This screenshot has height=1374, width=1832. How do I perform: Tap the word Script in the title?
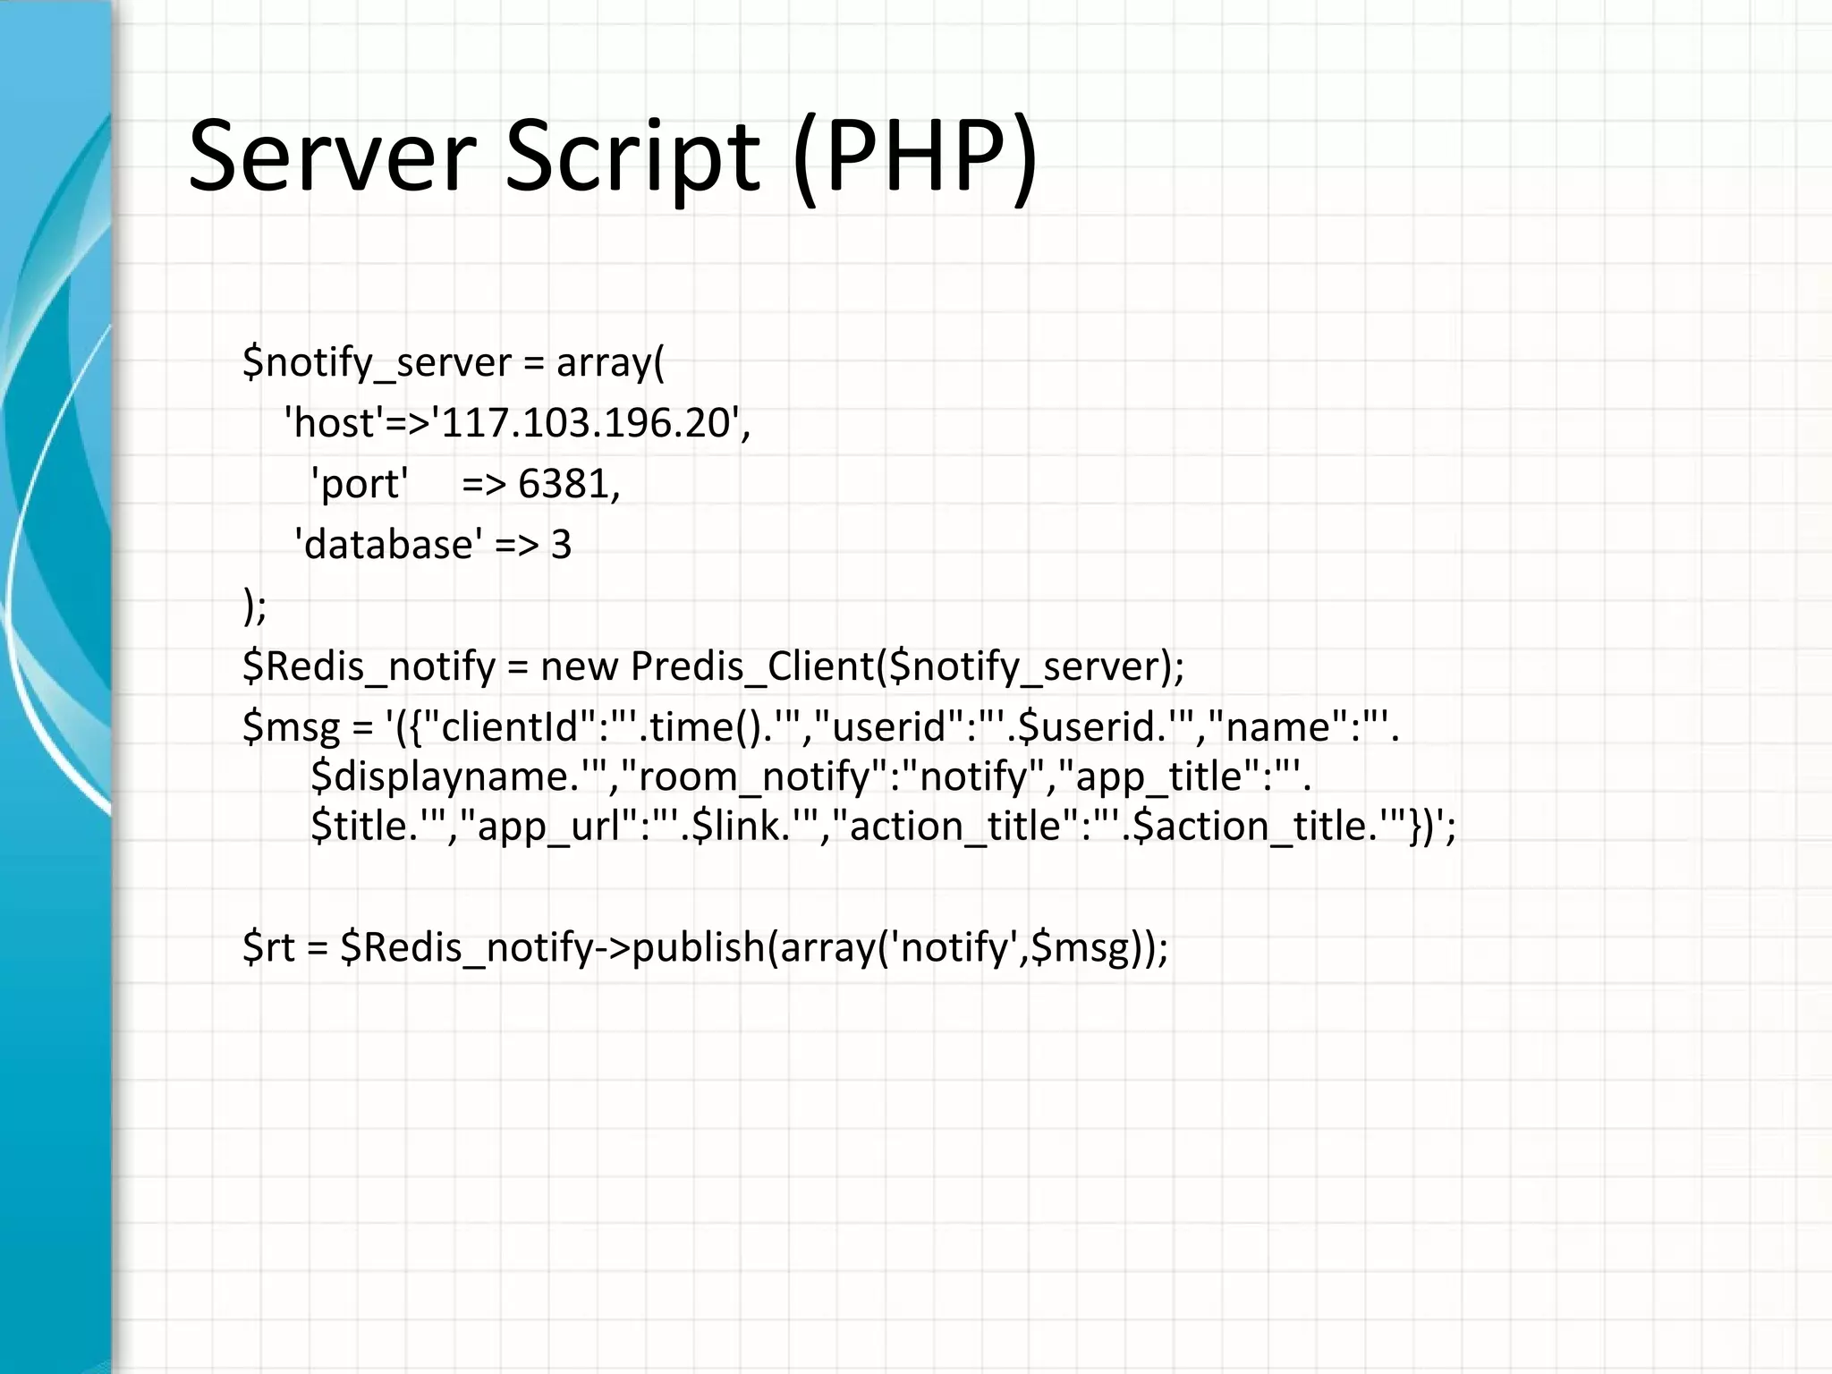tap(632, 159)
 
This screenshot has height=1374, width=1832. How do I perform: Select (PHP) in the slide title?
tap(915, 159)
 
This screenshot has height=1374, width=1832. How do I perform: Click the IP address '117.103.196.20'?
tap(586, 423)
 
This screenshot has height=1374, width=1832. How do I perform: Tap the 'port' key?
tap(359, 484)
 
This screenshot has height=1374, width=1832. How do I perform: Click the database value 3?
tap(561, 545)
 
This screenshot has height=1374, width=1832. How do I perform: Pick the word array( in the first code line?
tap(610, 363)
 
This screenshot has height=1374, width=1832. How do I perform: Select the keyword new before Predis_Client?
tap(577, 666)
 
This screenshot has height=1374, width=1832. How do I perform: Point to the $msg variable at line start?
tap(291, 726)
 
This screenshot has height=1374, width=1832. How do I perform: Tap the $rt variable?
tap(268, 947)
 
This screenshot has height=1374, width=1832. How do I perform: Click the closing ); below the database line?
tap(255, 606)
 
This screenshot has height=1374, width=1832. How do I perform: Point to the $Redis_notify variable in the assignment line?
tap(369, 666)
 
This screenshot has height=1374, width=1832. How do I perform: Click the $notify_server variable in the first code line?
tap(377, 363)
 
